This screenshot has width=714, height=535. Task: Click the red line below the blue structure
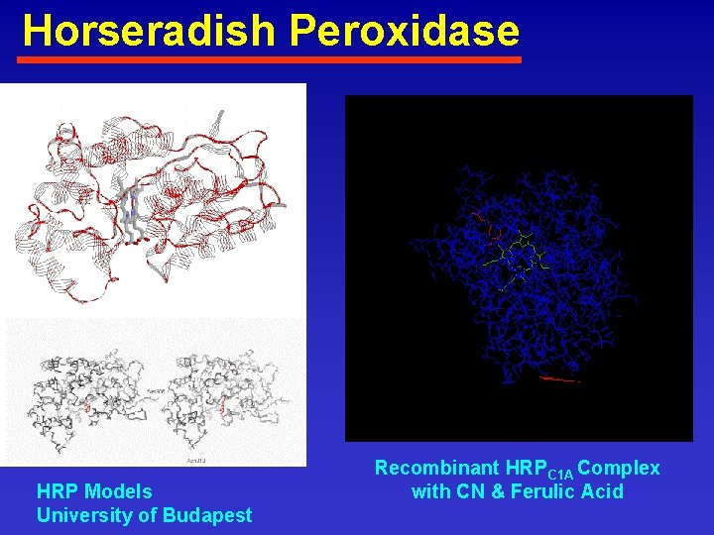click(559, 378)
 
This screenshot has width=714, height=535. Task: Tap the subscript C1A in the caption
click(561, 474)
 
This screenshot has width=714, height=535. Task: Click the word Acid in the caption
click(604, 491)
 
